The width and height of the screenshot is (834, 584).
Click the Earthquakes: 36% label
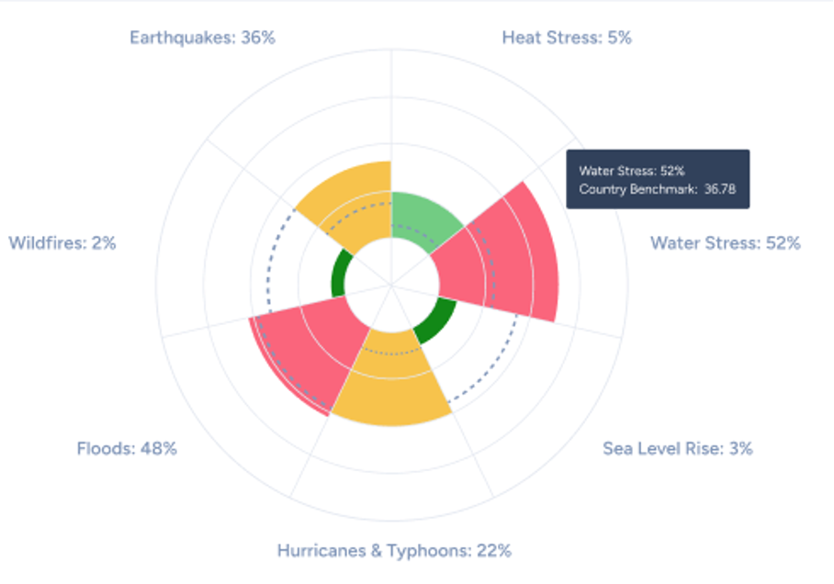pyautogui.click(x=202, y=38)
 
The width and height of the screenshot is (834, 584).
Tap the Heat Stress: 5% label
pyautogui.click(x=567, y=38)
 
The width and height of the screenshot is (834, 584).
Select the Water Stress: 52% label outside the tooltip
pyautogui.click(x=726, y=243)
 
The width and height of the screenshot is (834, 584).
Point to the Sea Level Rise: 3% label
pyautogui.click(x=678, y=448)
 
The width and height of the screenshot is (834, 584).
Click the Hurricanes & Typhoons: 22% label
pyautogui.click(x=394, y=551)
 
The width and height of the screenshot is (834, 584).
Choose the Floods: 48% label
pyautogui.click(x=127, y=448)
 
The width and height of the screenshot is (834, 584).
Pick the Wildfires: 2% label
pyautogui.click(x=62, y=243)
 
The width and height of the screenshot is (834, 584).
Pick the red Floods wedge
pyautogui.click(x=299, y=354)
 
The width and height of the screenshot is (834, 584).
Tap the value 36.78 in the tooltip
pyautogui.click(x=721, y=190)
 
